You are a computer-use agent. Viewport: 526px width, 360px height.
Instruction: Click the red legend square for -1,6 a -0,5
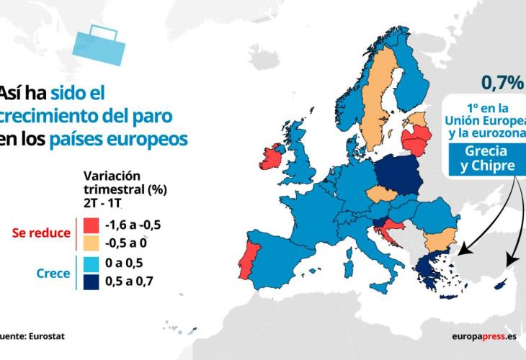click(92, 225)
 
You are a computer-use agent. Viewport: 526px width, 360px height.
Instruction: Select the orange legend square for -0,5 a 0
click(92, 243)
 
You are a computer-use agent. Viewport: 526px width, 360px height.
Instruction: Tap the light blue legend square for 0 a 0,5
click(92, 264)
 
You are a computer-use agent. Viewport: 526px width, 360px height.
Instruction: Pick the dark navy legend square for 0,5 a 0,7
click(92, 282)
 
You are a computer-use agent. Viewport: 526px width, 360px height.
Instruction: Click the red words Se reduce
click(41, 233)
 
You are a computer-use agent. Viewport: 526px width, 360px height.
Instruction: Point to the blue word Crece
click(53, 274)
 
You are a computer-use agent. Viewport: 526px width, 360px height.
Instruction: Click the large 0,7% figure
click(503, 83)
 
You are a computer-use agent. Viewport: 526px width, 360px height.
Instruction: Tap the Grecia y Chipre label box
click(487, 159)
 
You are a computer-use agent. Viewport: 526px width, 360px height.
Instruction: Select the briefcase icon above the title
click(99, 45)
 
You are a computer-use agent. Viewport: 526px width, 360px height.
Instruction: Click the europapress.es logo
click(484, 336)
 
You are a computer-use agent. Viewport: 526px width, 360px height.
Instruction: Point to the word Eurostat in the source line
click(47, 336)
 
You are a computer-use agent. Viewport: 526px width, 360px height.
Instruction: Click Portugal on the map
click(249, 260)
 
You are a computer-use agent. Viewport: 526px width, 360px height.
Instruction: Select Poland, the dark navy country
click(399, 175)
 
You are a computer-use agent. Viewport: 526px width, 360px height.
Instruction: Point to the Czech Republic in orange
click(383, 194)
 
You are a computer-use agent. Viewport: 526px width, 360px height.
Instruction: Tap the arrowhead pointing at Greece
click(463, 251)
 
